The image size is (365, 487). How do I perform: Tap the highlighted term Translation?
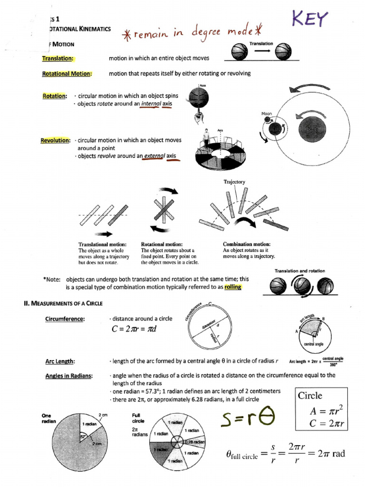[x=58, y=58]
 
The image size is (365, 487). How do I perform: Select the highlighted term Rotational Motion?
[x=67, y=74]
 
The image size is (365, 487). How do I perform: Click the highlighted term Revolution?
[x=56, y=140]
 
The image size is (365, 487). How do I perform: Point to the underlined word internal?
[x=151, y=104]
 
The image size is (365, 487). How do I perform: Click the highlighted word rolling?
[x=230, y=287]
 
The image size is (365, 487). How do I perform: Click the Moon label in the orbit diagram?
[x=266, y=114]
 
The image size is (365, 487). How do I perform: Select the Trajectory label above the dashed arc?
[x=234, y=182]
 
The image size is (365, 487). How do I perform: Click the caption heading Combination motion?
[x=247, y=244]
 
